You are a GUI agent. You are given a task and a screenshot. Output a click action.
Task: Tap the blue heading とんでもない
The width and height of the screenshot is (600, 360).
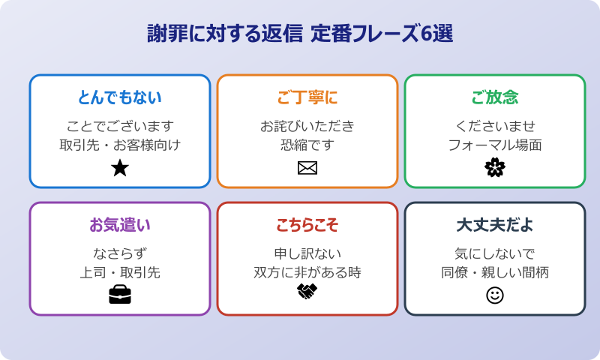120,97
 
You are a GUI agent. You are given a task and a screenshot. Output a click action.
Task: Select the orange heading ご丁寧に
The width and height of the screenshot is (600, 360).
307,97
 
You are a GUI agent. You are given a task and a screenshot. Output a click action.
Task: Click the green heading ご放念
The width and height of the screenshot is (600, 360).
495,97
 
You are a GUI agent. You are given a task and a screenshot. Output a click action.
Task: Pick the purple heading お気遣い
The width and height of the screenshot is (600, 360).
120,225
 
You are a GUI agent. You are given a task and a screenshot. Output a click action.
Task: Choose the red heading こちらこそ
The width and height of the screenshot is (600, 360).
307,225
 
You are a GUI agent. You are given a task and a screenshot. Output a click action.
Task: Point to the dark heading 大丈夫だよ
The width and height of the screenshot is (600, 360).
495,225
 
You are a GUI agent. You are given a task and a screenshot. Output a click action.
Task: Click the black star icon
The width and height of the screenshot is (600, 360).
120,168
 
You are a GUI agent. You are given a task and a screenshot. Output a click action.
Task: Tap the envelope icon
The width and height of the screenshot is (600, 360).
307,168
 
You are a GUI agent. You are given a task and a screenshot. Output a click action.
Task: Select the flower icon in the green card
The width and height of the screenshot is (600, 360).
495,168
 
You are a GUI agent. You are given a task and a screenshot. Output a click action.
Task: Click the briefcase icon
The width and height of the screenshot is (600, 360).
120,295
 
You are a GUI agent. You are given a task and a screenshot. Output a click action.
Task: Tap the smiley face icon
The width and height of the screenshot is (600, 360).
495,295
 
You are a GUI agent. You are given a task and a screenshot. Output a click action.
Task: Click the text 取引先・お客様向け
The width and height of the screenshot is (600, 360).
120,145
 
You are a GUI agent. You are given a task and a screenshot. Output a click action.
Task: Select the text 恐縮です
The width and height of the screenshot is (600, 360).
307,145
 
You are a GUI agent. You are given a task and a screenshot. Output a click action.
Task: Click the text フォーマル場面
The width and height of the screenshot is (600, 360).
495,145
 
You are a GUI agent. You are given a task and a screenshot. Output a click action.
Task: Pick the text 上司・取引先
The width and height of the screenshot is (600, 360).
120,272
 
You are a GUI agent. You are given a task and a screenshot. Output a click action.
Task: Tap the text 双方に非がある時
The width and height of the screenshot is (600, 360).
307,272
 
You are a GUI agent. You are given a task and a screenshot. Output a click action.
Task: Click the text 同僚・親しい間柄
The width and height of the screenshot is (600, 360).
495,272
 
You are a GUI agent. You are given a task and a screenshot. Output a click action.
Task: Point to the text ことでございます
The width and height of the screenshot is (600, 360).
120,125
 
